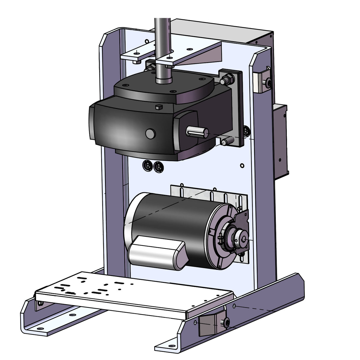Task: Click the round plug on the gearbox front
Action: tap(151, 133)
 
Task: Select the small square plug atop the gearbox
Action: tap(159, 107)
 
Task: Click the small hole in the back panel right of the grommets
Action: tap(242, 165)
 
